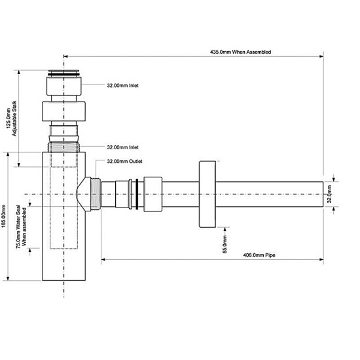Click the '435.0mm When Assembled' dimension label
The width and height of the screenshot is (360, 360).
pyautogui.click(x=240, y=52)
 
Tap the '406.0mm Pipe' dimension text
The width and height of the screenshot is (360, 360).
pyautogui.click(x=259, y=255)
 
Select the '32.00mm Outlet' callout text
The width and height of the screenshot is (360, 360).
pyautogui.click(x=124, y=162)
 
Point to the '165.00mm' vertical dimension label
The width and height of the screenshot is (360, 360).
pyautogui.click(x=4, y=216)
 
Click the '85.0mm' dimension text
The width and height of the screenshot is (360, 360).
pyautogui.click(x=225, y=244)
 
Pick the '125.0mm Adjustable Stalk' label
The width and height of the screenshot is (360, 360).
pyautogui.click(x=12, y=118)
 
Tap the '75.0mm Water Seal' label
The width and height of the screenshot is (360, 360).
pyautogui.click(x=18, y=226)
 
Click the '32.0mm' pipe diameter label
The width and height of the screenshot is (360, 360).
pyautogui.click(x=329, y=194)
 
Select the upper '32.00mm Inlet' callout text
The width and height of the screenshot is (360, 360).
pyautogui.click(x=122, y=86)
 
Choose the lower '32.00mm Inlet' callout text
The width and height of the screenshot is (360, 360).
pyautogui.click(x=122, y=147)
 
